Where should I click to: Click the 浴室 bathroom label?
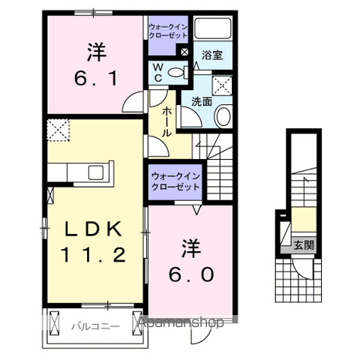213,55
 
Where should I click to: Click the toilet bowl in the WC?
177,73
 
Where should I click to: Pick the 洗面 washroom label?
201,101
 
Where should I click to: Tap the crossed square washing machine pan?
223,84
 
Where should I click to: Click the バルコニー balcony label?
92,325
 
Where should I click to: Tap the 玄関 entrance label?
304,244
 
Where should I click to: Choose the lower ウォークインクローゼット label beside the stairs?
175,181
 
